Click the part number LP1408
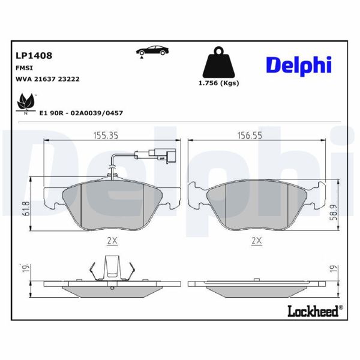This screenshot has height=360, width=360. pos(33,55)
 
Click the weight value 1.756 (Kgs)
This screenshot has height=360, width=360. pos(218,83)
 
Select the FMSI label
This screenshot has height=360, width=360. pos(24,68)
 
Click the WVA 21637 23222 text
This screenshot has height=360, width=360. pos(47,79)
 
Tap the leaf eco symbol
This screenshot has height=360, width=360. pos(25,103)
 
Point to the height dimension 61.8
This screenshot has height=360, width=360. pos(25,209)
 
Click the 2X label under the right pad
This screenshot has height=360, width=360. pos(257,241)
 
